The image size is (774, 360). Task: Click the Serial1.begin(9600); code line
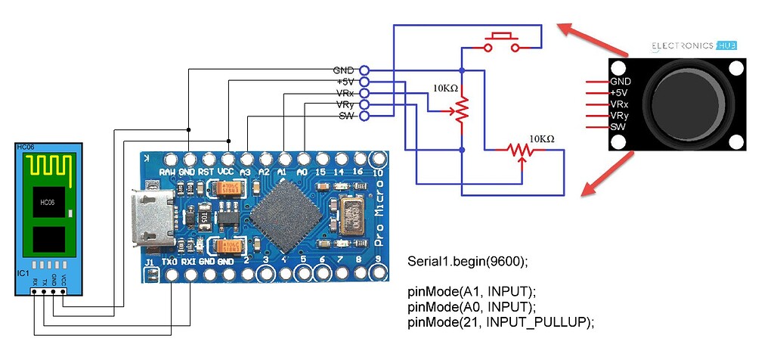pos(467,262)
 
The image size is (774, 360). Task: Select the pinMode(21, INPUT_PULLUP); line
pos(501,321)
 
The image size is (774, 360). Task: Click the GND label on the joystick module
pos(621,81)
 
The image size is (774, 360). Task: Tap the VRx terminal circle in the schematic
pos(364,92)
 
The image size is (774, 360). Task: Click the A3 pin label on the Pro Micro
pos(245,172)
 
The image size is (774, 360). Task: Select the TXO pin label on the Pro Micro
pos(172,261)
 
